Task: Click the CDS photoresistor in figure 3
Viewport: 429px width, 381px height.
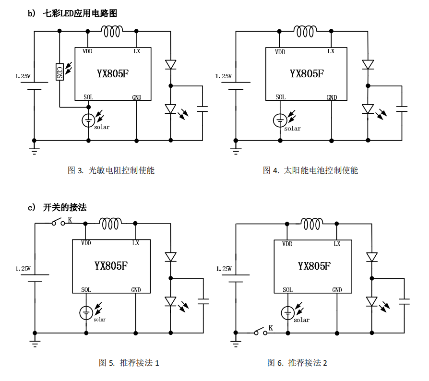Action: pyautogui.click(x=60, y=72)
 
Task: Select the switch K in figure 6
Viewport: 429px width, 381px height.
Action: pyautogui.click(x=262, y=332)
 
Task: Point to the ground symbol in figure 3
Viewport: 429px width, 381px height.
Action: pyautogui.click(x=34, y=151)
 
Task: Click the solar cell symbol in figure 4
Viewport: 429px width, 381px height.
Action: pyautogui.click(x=280, y=120)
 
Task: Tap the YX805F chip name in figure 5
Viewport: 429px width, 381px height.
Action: pyautogui.click(x=111, y=266)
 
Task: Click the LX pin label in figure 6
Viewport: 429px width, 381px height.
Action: pyautogui.click(x=337, y=244)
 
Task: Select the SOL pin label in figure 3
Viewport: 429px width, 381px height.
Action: pyautogui.click(x=88, y=97)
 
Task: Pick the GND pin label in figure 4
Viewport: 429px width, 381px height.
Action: pyautogui.click(x=332, y=97)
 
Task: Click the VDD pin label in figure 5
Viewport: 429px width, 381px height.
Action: pyautogui.click(x=86, y=243)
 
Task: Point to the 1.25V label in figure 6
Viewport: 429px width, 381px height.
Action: pyautogui.click(x=224, y=269)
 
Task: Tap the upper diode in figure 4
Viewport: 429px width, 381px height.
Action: pyautogui.click(x=368, y=64)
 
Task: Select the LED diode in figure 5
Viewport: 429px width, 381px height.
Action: pyautogui.click(x=170, y=301)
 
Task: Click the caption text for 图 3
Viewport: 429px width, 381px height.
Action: pyautogui.click(x=111, y=170)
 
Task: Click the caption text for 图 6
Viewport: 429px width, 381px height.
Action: pyautogui.click(x=297, y=363)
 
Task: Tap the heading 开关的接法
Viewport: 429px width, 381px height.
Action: pyautogui.click(x=64, y=207)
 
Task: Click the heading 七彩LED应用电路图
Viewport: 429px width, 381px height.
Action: pyautogui.click(x=80, y=13)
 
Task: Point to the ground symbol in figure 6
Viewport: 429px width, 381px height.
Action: pyautogui.click(x=235, y=343)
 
